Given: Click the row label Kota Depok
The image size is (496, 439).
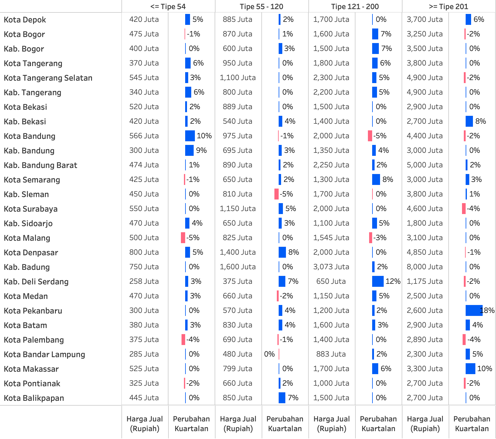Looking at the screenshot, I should (x=25, y=20).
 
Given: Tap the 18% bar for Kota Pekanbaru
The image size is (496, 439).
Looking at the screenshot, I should (x=474, y=310).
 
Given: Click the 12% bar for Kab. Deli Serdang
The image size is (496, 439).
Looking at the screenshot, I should (x=378, y=281).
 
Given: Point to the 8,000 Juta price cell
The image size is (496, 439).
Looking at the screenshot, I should (x=425, y=267).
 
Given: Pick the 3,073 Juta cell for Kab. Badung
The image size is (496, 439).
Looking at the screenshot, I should (x=331, y=267).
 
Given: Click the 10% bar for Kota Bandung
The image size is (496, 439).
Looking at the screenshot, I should (x=190, y=136).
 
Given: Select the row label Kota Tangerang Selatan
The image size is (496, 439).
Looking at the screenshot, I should (x=48, y=78).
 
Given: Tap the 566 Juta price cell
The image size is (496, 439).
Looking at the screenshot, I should (x=144, y=136).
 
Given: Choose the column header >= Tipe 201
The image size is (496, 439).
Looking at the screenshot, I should (x=448, y=6).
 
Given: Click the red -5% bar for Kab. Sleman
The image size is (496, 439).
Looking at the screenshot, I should (x=277, y=194).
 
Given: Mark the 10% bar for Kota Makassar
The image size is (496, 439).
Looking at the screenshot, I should (x=470, y=369).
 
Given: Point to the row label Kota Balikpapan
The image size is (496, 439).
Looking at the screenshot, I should (x=34, y=398).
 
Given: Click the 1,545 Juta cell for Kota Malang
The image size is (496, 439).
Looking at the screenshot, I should (x=331, y=238).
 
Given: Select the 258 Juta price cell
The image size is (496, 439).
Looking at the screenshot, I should (x=144, y=281).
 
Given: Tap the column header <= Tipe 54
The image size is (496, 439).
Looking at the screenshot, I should (x=168, y=6).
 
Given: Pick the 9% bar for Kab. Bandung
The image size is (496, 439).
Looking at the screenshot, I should (x=189, y=150).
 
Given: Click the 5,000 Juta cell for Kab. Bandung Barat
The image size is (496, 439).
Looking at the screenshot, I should (x=425, y=165).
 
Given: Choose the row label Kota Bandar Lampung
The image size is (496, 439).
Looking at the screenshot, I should (x=44, y=354).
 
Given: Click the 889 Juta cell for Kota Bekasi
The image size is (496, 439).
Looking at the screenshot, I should (x=237, y=107).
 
